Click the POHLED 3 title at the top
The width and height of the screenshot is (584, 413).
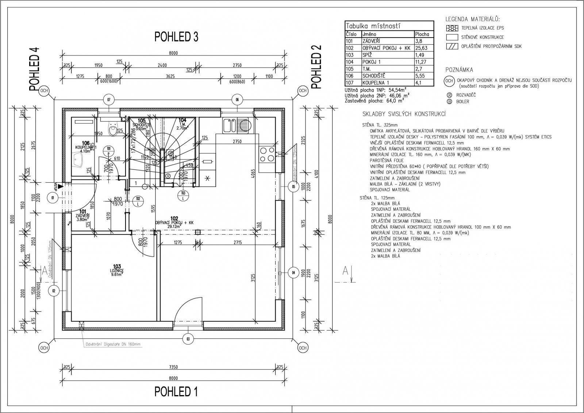pos(176,37)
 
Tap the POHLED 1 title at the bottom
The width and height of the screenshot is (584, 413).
pos(176,391)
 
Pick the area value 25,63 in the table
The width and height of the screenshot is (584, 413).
pos(421,48)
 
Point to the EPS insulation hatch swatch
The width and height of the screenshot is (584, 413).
pos(452,28)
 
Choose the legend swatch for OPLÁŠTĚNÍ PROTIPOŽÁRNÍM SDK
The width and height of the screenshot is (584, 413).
pos(452,46)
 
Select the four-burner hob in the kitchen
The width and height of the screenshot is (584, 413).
pos(266,154)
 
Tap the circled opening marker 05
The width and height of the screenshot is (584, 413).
pos(293,187)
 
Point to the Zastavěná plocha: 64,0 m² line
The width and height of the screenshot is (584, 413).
pos(374,101)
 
